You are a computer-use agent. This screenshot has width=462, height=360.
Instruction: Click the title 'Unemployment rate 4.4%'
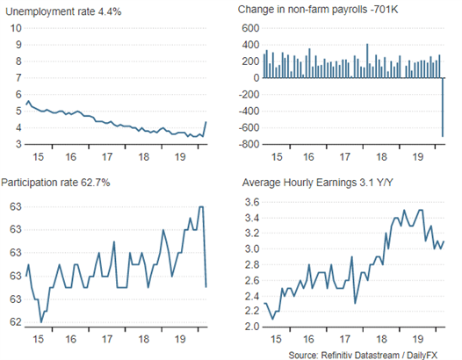pos(63,11)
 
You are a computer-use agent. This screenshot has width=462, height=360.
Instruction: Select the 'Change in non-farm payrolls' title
pos(302,10)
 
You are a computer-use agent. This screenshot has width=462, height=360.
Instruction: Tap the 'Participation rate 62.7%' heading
pos(55,183)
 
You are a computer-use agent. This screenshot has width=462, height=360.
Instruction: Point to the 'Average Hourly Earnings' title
pos(300,183)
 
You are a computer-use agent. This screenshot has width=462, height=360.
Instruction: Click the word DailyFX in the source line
pos(422,355)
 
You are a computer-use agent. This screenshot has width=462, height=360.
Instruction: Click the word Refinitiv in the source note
pos(336,355)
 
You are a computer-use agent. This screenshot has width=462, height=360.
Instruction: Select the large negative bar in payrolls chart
pos(443,107)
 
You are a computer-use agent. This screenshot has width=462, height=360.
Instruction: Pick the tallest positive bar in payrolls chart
pos(367,61)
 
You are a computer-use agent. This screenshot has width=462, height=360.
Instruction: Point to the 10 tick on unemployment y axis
pos(16,28)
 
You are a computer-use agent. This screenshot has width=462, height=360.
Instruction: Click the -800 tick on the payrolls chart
pos(249,144)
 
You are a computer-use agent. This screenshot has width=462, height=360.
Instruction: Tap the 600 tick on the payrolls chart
pos(250,28)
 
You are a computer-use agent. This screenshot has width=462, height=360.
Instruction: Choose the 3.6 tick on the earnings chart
pos(252,202)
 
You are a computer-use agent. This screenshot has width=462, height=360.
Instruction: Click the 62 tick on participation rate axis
pos(16,322)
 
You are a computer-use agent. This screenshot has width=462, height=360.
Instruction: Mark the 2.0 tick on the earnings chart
pos(252,327)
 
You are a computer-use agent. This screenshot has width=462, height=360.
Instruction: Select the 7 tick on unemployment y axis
pos(18,78)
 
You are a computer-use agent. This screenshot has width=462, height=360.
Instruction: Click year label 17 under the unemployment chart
pos(107,156)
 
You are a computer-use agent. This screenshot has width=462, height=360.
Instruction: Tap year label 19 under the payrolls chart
pos(418,156)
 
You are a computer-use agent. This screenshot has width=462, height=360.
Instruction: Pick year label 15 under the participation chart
pos(39,339)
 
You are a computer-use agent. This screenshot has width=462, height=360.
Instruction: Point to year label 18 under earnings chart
pos(381,339)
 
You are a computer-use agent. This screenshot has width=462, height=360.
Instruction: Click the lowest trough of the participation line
pos(41,322)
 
